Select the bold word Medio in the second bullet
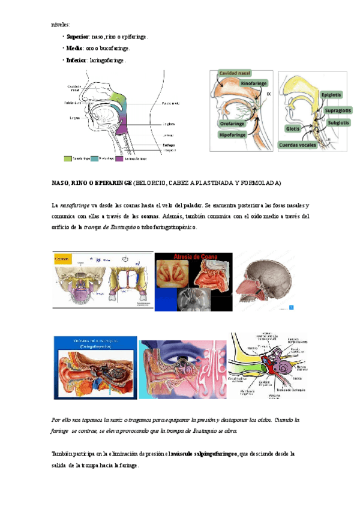tap(74, 48)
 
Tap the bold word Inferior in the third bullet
tap(77, 60)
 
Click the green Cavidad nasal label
tap(235, 73)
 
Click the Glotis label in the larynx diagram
tap(293, 128)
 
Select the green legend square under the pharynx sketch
tap(68, 159)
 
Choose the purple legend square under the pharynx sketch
tap(120, 159)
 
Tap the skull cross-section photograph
tap(264, 281)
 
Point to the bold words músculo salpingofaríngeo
tap(205, 454)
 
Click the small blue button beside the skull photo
tap(291, 307)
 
